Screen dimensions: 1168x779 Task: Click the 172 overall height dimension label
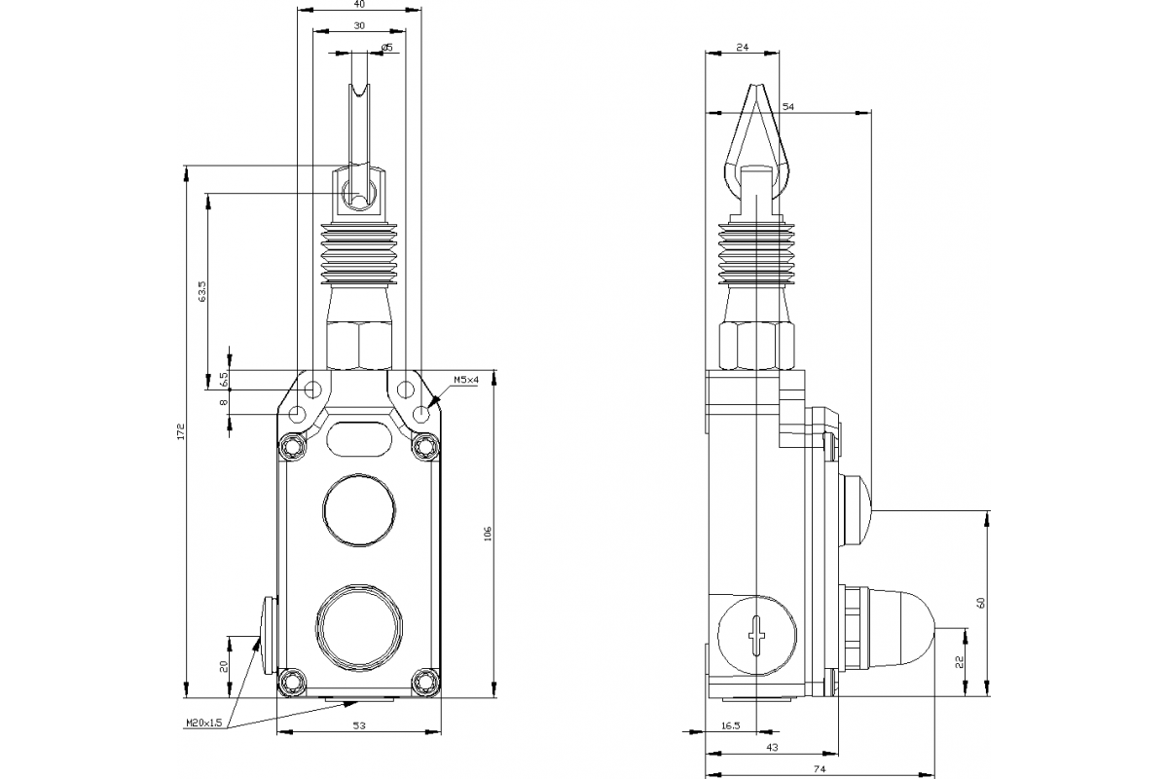(181, 431)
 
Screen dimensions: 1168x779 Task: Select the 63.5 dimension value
(202, 292)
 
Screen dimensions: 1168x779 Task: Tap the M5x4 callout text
(465, 380)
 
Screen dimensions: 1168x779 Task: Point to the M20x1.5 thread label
(204, 723)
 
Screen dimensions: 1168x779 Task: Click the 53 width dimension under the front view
(359, 725)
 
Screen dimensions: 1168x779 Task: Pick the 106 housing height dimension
(488, 534)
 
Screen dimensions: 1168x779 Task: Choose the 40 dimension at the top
(359, 4)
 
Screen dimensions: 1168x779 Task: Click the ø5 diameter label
(387, 48)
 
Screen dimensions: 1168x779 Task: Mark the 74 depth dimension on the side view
(820, 769)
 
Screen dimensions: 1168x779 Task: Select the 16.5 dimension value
(731, 725)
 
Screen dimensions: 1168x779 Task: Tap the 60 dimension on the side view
(981, 603)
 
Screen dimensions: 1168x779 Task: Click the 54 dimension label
(787, 106)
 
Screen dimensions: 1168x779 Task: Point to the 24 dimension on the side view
(742, 47)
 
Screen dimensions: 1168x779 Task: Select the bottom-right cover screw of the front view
(425, 682)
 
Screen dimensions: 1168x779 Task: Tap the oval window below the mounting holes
(359, 438)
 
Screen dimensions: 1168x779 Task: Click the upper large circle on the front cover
(359, 510)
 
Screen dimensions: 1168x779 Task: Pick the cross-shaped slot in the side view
(756, 635)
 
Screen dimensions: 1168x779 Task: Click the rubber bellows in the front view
(359, 256)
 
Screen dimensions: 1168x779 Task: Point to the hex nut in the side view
(756, 347)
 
